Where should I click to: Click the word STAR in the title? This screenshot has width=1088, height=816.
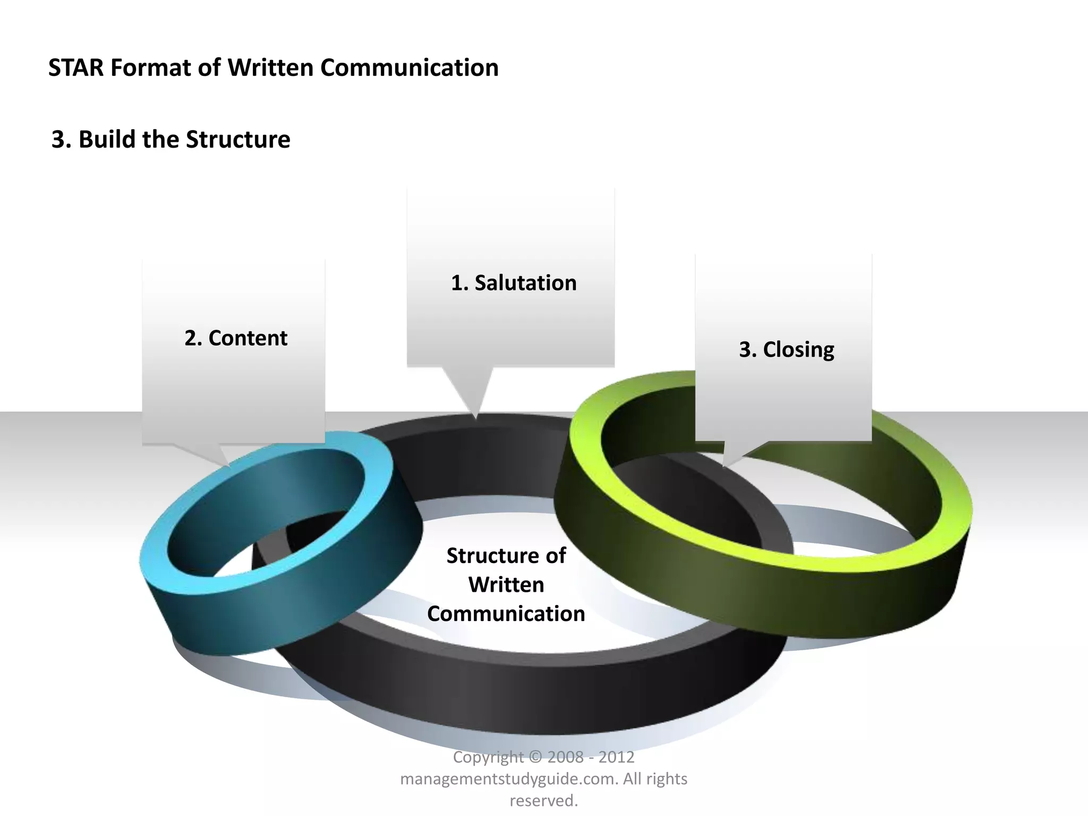pyautogui.click(x=75, y=68)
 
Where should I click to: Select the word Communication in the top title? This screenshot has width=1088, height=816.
pyautogui.click(x=410, y=68)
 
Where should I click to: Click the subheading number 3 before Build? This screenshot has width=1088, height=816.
pyautogui.click(x=58, y=140)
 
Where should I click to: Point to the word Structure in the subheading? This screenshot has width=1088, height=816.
pyautogui.click(x=238, y=140)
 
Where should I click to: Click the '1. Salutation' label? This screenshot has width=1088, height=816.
pyautogui.click(x=513, y=283)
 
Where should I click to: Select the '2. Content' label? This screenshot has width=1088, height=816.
pyautogui.click(x=236, y=338)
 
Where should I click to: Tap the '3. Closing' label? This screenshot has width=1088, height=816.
pyautogui.click(x=786, y=350)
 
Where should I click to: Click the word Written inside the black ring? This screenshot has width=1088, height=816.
pyautogui.click(x=506, y=585)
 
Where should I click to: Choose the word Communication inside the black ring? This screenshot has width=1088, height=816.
pyautogui.click(x=506, y=614)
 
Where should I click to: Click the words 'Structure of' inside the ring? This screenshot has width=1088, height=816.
pyautogui.click(x=506, y=556)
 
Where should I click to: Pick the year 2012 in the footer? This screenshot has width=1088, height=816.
pyautogui.click(x=616, y=756)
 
